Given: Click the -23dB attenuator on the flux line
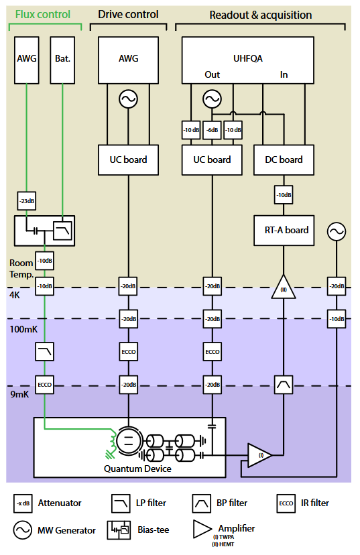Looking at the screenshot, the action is tap(27, 200).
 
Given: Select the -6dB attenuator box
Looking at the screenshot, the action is tap(212, 130).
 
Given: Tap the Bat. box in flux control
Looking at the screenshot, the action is tap(62, 60).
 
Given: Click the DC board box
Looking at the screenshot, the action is tap(284, 160).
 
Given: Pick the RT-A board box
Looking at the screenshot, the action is tap(284, 231).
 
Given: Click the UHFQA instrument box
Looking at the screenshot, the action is tap(248, 60).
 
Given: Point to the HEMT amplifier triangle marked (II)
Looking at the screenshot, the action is tap(284, 287).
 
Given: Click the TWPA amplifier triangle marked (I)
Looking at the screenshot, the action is tap(260, 455).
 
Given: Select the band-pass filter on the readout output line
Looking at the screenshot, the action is tap(284, 385).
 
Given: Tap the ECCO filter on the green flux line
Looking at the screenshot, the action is tap(45, 385).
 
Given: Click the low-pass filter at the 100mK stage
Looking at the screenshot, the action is tap(45, 351).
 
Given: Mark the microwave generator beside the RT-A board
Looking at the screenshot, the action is tap(337, 231).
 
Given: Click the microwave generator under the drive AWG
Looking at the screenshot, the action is tap(128, 99).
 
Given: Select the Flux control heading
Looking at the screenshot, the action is tap(43, 14).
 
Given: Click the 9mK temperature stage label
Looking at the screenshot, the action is tap(19, 394).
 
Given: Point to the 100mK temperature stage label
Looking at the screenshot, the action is tap(23, 329).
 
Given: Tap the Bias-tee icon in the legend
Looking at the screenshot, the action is tap(119, 530).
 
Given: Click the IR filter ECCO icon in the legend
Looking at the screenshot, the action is tap(286, 503).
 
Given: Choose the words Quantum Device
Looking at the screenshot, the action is tap(137, 469).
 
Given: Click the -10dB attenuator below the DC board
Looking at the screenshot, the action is tap(284, 194).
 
